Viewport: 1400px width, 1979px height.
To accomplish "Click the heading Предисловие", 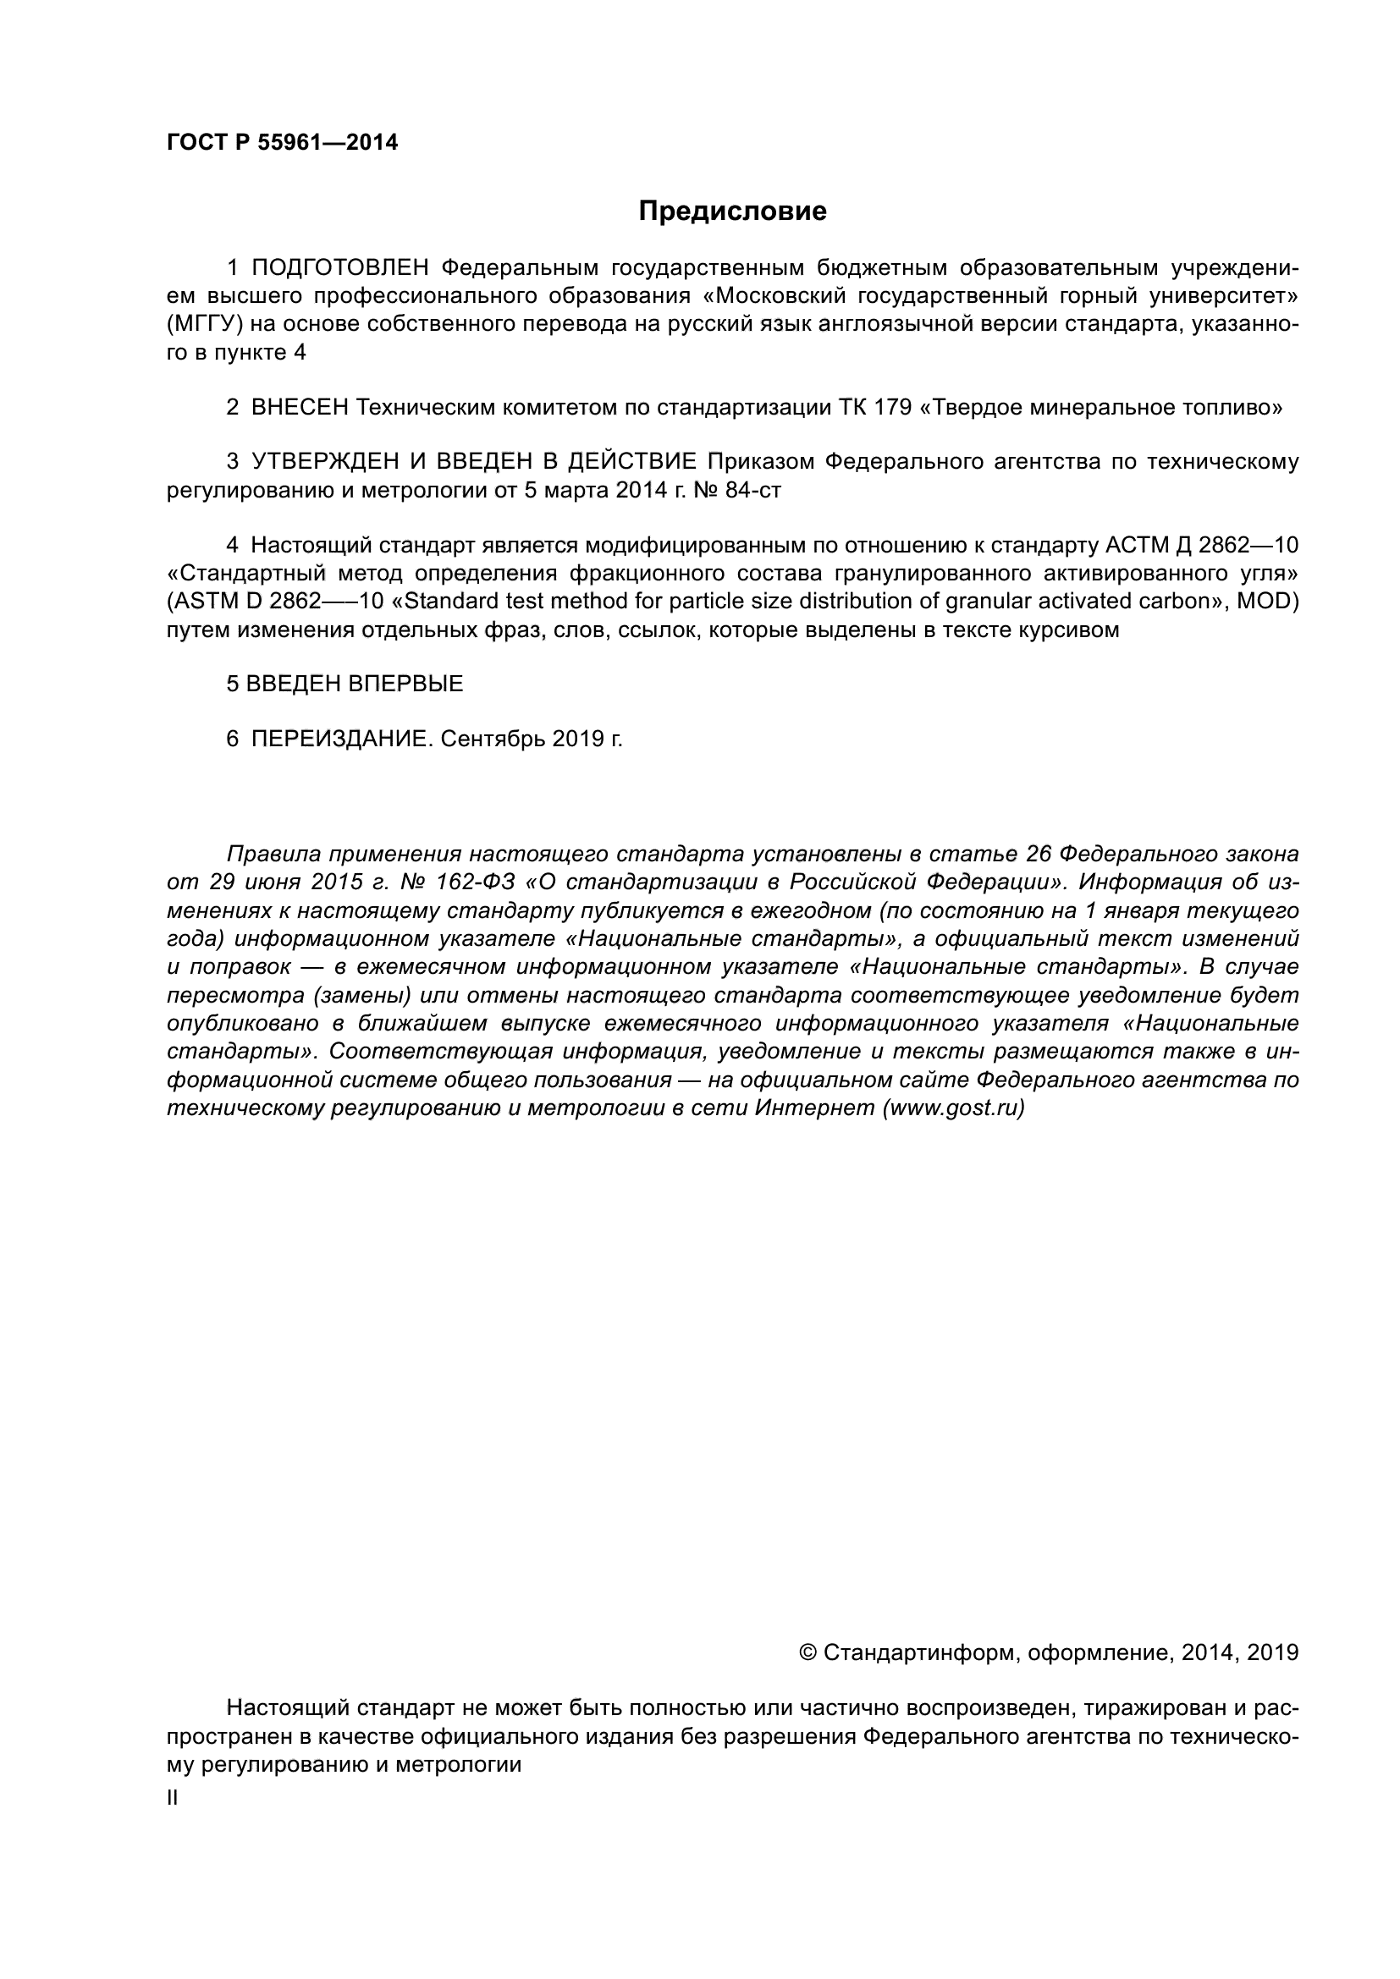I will (732, 212).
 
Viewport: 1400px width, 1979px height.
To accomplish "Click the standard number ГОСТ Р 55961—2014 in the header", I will (282, 143).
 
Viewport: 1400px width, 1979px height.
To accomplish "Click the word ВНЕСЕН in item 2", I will (299, 408).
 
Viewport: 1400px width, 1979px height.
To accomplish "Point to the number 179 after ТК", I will (893, 408).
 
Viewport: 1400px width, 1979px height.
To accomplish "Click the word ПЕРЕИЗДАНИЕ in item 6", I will (341, 739).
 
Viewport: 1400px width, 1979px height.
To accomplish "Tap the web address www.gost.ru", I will (953, 1108).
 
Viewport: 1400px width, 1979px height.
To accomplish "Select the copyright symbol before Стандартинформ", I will (808, 1652).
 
